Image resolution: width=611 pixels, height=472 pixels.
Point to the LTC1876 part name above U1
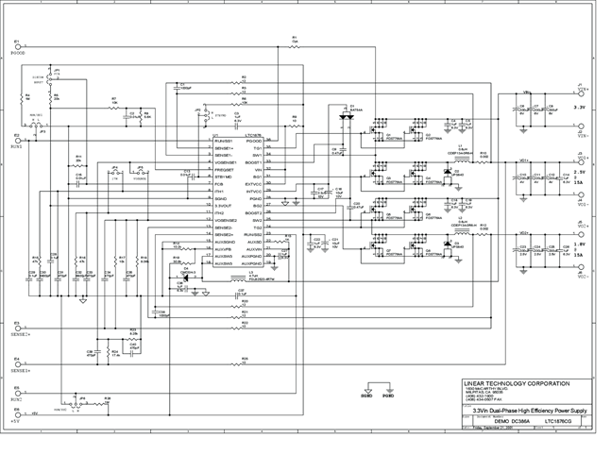point(253,135)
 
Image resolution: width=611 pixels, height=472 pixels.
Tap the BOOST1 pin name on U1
point(252,162)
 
